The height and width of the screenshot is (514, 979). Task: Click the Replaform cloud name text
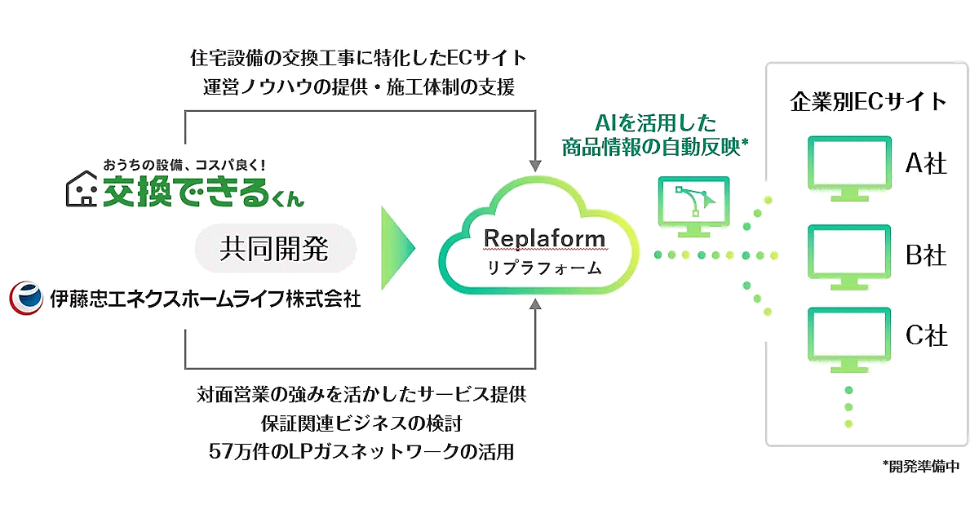(545, 238)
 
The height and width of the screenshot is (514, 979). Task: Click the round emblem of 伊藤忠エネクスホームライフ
(25, 299)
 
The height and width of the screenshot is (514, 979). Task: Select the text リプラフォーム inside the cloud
(545, 267)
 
